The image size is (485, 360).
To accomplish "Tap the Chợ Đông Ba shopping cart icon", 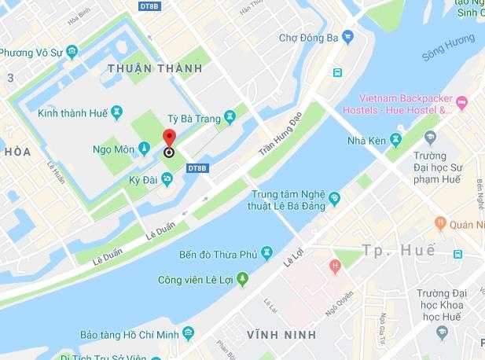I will pos(347,37).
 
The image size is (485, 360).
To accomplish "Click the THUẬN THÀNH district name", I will pos(156,68).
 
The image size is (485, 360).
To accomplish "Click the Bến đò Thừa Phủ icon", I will pos(267,252).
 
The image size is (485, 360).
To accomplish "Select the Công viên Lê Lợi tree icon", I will pos(242,279).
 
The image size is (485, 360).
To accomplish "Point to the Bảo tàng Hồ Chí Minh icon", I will pos(188,333).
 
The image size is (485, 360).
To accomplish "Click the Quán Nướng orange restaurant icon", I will pos(441,223).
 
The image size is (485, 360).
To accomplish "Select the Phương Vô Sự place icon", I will pos(72,53).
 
